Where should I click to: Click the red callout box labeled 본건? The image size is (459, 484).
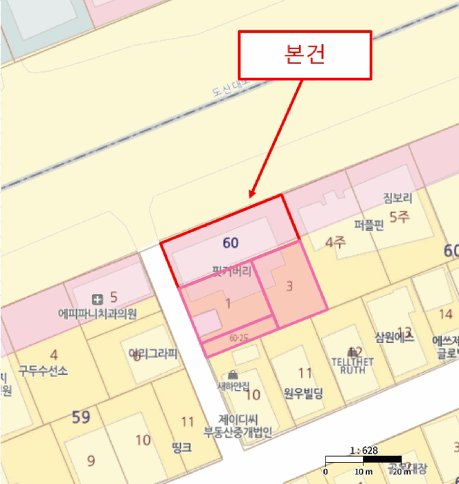(x=305, y=55)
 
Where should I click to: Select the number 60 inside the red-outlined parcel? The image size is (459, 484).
(x=231, y=243)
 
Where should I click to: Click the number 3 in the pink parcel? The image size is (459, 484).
(x=289, y=286)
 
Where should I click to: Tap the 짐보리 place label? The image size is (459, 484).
(x=397, y=198)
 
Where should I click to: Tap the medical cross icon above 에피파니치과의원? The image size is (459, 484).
(x=97, y=299)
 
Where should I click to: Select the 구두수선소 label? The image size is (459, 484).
(x=43, y=371)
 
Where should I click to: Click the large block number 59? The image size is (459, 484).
(x=82, y=417)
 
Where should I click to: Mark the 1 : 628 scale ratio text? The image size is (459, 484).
(x=364, y=450)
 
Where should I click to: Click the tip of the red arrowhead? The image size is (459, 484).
(x=250, y=197)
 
